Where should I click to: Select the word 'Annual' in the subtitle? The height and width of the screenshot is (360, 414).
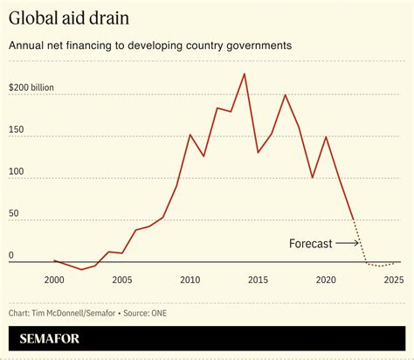click(x=28, y=45)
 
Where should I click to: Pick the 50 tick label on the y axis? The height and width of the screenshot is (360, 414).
click(x=15, y=214)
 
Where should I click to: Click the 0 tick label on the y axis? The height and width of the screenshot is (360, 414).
click(x=11, y=255)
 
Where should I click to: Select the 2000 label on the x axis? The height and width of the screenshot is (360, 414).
click(x=54, y=280)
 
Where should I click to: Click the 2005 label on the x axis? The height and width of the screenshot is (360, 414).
click(x=121, y=280)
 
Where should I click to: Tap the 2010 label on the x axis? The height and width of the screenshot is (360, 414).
click(x=190, y=280)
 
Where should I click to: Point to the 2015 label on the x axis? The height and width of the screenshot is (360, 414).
click(x=258, y=280)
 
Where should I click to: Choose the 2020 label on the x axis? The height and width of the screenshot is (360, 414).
click(x=326, y=280)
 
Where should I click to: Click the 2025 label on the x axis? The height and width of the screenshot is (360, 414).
click(x=393, y=280)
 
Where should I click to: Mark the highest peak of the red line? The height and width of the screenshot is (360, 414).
click(x=244, y=74)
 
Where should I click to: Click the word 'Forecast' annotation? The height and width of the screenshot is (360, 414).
click(x=310, y=244)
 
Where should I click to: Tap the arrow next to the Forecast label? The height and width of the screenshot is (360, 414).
click(x=348, y=244)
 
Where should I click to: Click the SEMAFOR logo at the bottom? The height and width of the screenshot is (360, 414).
click(x=55, y=336)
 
